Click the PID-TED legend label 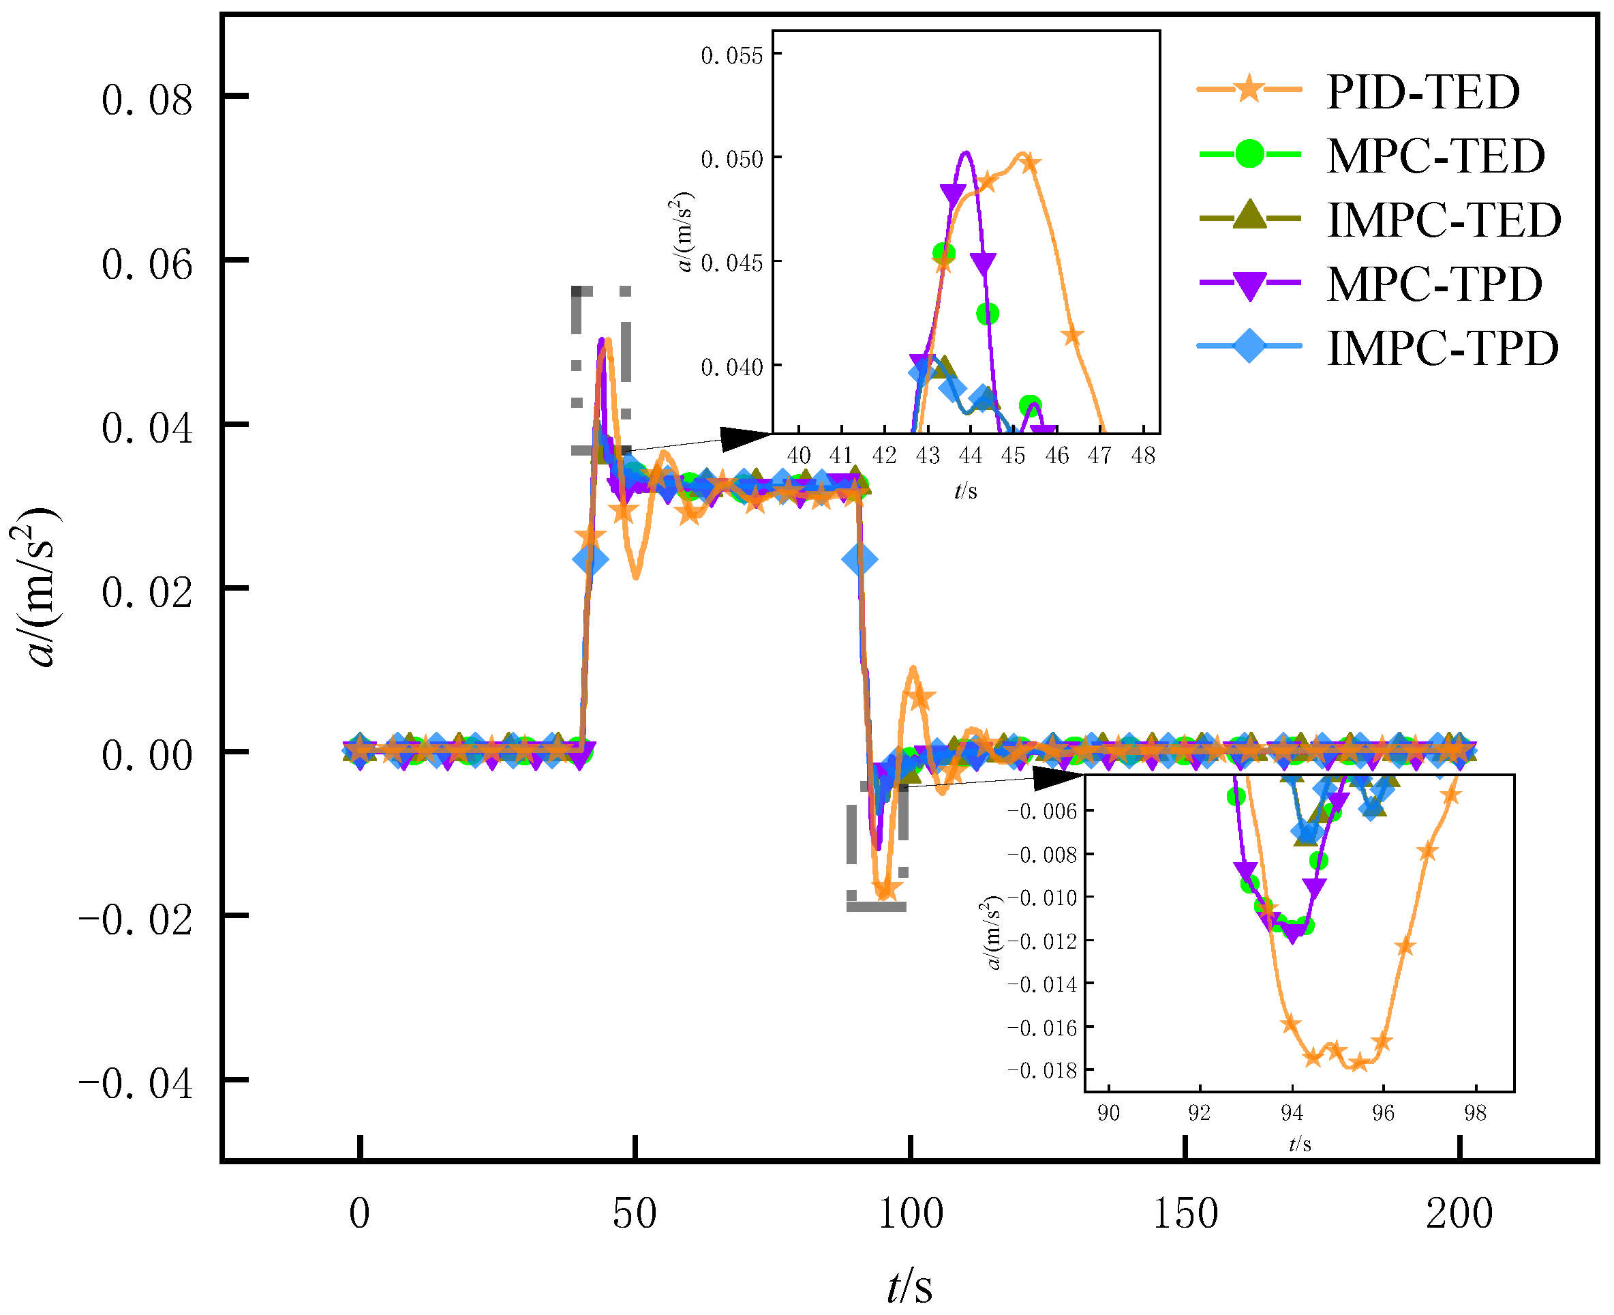1422,92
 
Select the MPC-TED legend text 1435,156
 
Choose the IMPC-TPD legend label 1442,349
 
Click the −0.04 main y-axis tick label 136,1084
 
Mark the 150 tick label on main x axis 1185,1213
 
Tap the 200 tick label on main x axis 1459,1213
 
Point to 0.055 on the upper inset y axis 731,56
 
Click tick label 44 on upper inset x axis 970,456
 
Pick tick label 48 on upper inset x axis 1142,456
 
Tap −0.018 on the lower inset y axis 1041,1070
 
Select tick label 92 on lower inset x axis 1199,1112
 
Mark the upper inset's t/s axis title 965,492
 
